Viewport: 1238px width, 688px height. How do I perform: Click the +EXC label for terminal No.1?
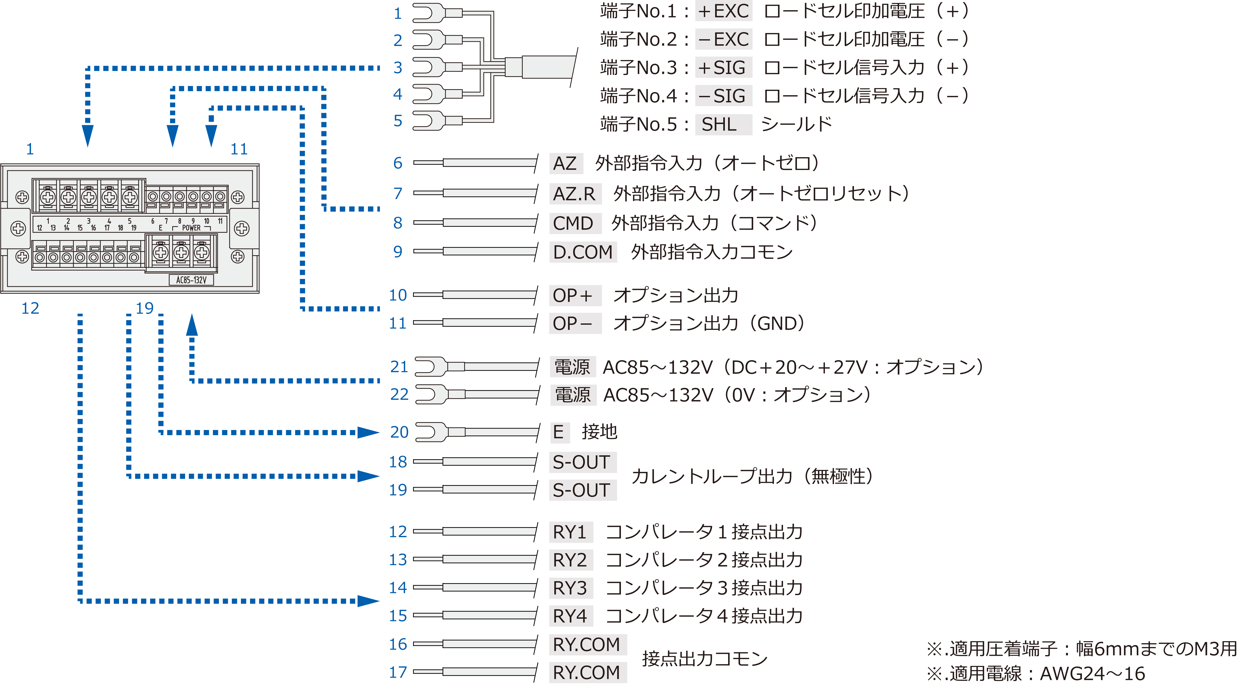click(x=723, y=11)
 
